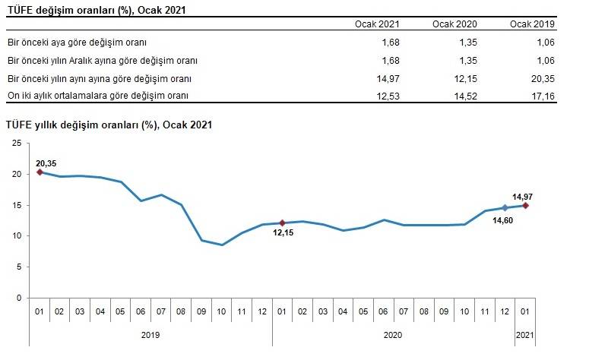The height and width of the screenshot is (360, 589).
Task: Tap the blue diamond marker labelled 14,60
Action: coord(505,208)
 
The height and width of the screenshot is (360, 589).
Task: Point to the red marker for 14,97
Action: coord(525,205)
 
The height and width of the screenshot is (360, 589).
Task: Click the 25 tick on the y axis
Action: coord(17,143)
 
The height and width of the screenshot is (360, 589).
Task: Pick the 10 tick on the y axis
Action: coord(17,235)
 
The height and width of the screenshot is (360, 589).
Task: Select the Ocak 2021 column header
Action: coord(378,25)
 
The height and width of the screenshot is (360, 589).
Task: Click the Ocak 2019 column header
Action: coord(533,25)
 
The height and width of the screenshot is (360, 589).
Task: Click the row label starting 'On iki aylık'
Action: coord(97,95)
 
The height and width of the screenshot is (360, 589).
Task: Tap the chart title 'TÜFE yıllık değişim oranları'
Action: coord(109,125)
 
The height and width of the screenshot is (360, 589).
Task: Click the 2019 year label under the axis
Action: coord(150,333)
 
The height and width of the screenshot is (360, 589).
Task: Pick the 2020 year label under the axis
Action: coord(392,333)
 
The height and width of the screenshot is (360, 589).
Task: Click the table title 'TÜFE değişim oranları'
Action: coord(96,10)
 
